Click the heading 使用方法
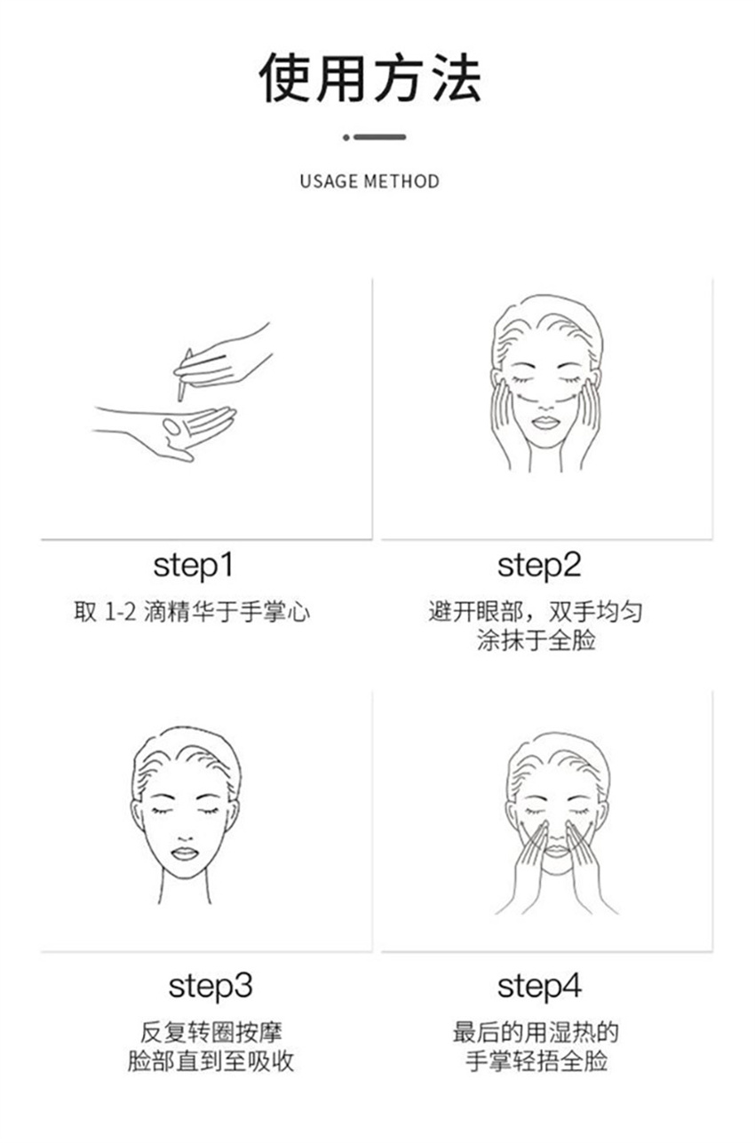370,78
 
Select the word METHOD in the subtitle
402,182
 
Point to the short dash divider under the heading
375,137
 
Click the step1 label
194,567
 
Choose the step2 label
539,567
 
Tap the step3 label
211,987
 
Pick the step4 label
539,987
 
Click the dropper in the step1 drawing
184,375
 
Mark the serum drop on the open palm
171,425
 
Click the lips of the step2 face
545,423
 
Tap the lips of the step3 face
184,853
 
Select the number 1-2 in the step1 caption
120,611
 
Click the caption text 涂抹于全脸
536,640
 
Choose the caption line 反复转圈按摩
211,1032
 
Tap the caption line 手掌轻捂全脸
536,1061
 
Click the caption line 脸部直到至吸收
211,1061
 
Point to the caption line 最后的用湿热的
536,1032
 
